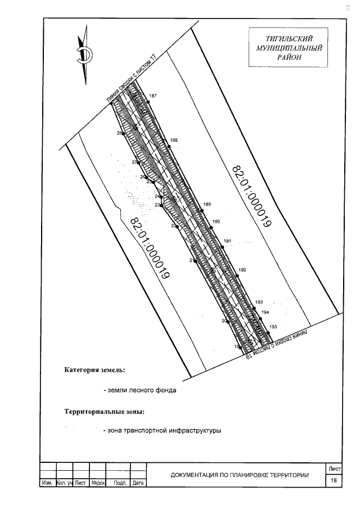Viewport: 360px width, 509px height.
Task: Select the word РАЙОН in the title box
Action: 289,57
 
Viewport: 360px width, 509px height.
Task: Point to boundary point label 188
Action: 173,139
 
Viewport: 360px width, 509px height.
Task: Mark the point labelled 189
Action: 207,204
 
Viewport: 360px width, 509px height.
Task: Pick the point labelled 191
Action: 227,241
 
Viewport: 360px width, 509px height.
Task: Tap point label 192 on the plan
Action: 242,270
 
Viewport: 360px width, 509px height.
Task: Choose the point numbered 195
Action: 273,327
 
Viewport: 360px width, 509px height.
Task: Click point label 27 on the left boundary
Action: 135,162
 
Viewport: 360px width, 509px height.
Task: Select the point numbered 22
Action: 174,226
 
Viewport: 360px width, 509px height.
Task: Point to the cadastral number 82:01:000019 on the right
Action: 251,196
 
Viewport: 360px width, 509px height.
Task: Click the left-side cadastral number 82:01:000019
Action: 150,247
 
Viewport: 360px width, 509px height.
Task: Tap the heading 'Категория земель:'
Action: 94,370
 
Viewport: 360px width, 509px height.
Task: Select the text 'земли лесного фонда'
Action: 139,390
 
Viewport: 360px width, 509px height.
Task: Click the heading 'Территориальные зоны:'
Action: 100,411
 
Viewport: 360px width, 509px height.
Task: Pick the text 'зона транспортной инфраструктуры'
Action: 162,431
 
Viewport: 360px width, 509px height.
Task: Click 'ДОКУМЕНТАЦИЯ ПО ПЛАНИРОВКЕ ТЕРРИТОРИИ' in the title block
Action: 240,475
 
